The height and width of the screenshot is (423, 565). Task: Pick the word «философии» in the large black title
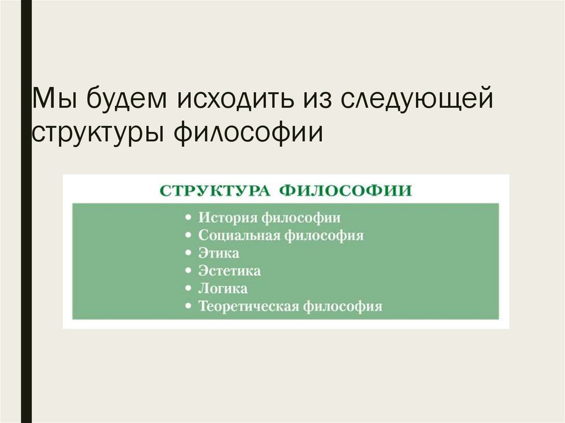pos(248,133)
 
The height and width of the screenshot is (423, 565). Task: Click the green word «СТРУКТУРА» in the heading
pos(215,191)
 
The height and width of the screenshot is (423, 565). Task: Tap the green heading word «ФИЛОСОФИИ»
pos(345,191)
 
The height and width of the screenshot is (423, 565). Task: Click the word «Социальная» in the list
pos(239,235)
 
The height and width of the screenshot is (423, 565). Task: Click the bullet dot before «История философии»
pos(189,218)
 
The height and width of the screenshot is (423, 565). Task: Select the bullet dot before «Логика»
pos(189,288)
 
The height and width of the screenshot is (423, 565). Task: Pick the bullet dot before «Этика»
pos(189,254)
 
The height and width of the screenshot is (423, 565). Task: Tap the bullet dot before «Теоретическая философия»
pos(189,307)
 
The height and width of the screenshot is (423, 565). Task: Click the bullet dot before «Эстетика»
pos(189,271)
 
